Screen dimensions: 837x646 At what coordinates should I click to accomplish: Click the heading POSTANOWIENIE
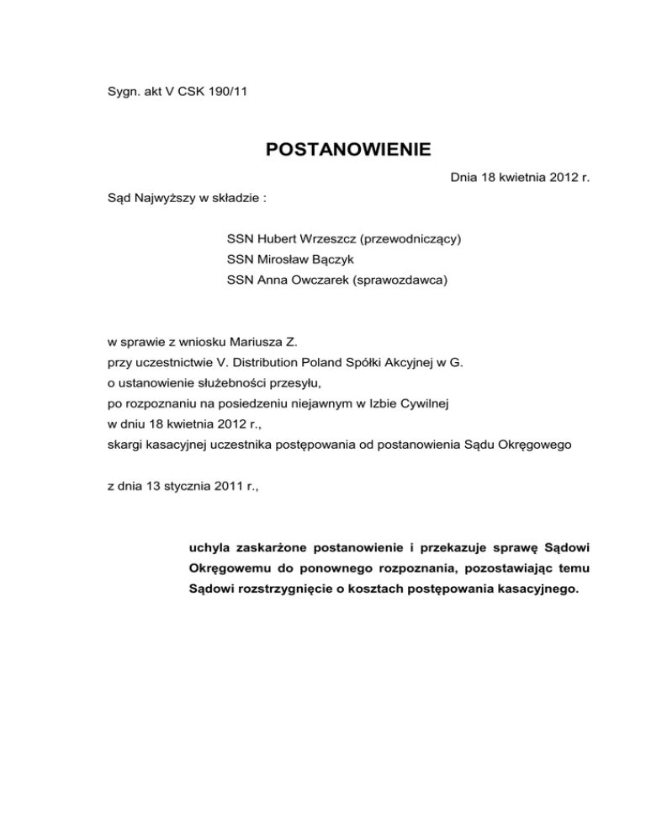click(349, 151)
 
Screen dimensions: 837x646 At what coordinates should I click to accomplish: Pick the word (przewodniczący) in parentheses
click(410, 239)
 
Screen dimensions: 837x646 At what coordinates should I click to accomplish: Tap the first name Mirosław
click(283, 261)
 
